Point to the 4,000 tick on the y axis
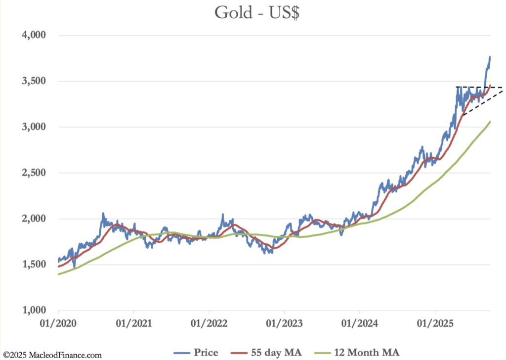[x=33, y=36]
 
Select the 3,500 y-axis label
[x=33, y=82]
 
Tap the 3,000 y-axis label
[x=33, y=127]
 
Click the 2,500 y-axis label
[x=33, y=173]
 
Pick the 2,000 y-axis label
[x=33, y=219]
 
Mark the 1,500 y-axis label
[x=33, y=265]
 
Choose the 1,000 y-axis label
[x=33, y=311]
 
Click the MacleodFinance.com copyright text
[x=51, y=355]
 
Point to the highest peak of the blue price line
[x=490, y=57]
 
